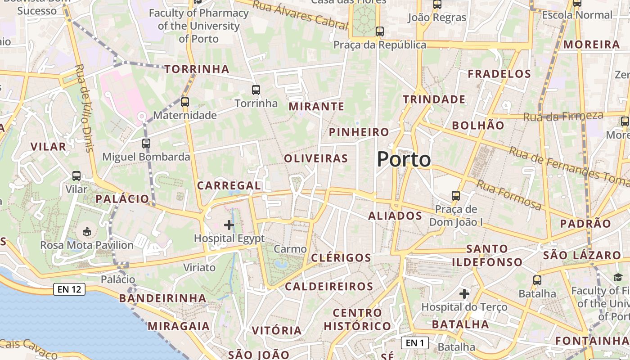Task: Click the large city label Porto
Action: [404, 159]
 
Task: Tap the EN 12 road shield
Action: [69, 289]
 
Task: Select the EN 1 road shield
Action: [414, 343]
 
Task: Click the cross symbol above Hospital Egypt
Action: [229, 225]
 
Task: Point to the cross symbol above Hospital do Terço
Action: [464, 294]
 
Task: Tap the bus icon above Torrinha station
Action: [256, 90]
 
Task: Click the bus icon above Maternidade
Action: [185, 102]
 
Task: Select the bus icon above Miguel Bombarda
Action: [146, 144]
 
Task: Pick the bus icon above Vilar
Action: [76, 176]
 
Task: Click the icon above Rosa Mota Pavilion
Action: [87, 232]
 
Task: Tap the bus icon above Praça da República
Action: [380, 31]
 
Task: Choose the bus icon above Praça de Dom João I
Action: [456, 196]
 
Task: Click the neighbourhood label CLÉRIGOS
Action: [341, 258]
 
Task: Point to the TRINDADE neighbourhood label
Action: [434, 99]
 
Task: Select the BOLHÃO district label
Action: [478, 126]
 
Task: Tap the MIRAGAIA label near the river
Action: [179, 326]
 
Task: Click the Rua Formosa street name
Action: [509, 195]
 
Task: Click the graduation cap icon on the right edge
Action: [617, 278]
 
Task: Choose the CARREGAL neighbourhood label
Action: [229, 185]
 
